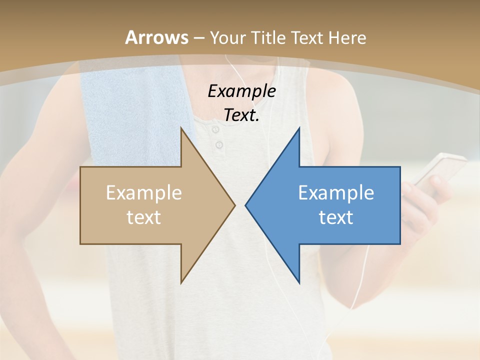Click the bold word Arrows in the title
[157, 37]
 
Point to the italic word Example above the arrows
[241, 91]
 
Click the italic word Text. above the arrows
[241, 115]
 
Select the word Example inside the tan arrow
[144, 193]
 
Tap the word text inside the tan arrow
[144, 217]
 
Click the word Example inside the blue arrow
[336, 193]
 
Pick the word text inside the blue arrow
[336, 217]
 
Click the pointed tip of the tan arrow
[234, 205]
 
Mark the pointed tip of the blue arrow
[246, 205]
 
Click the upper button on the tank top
[216, 130]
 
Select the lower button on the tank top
[219, 145]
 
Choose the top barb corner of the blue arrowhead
[299, 128]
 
